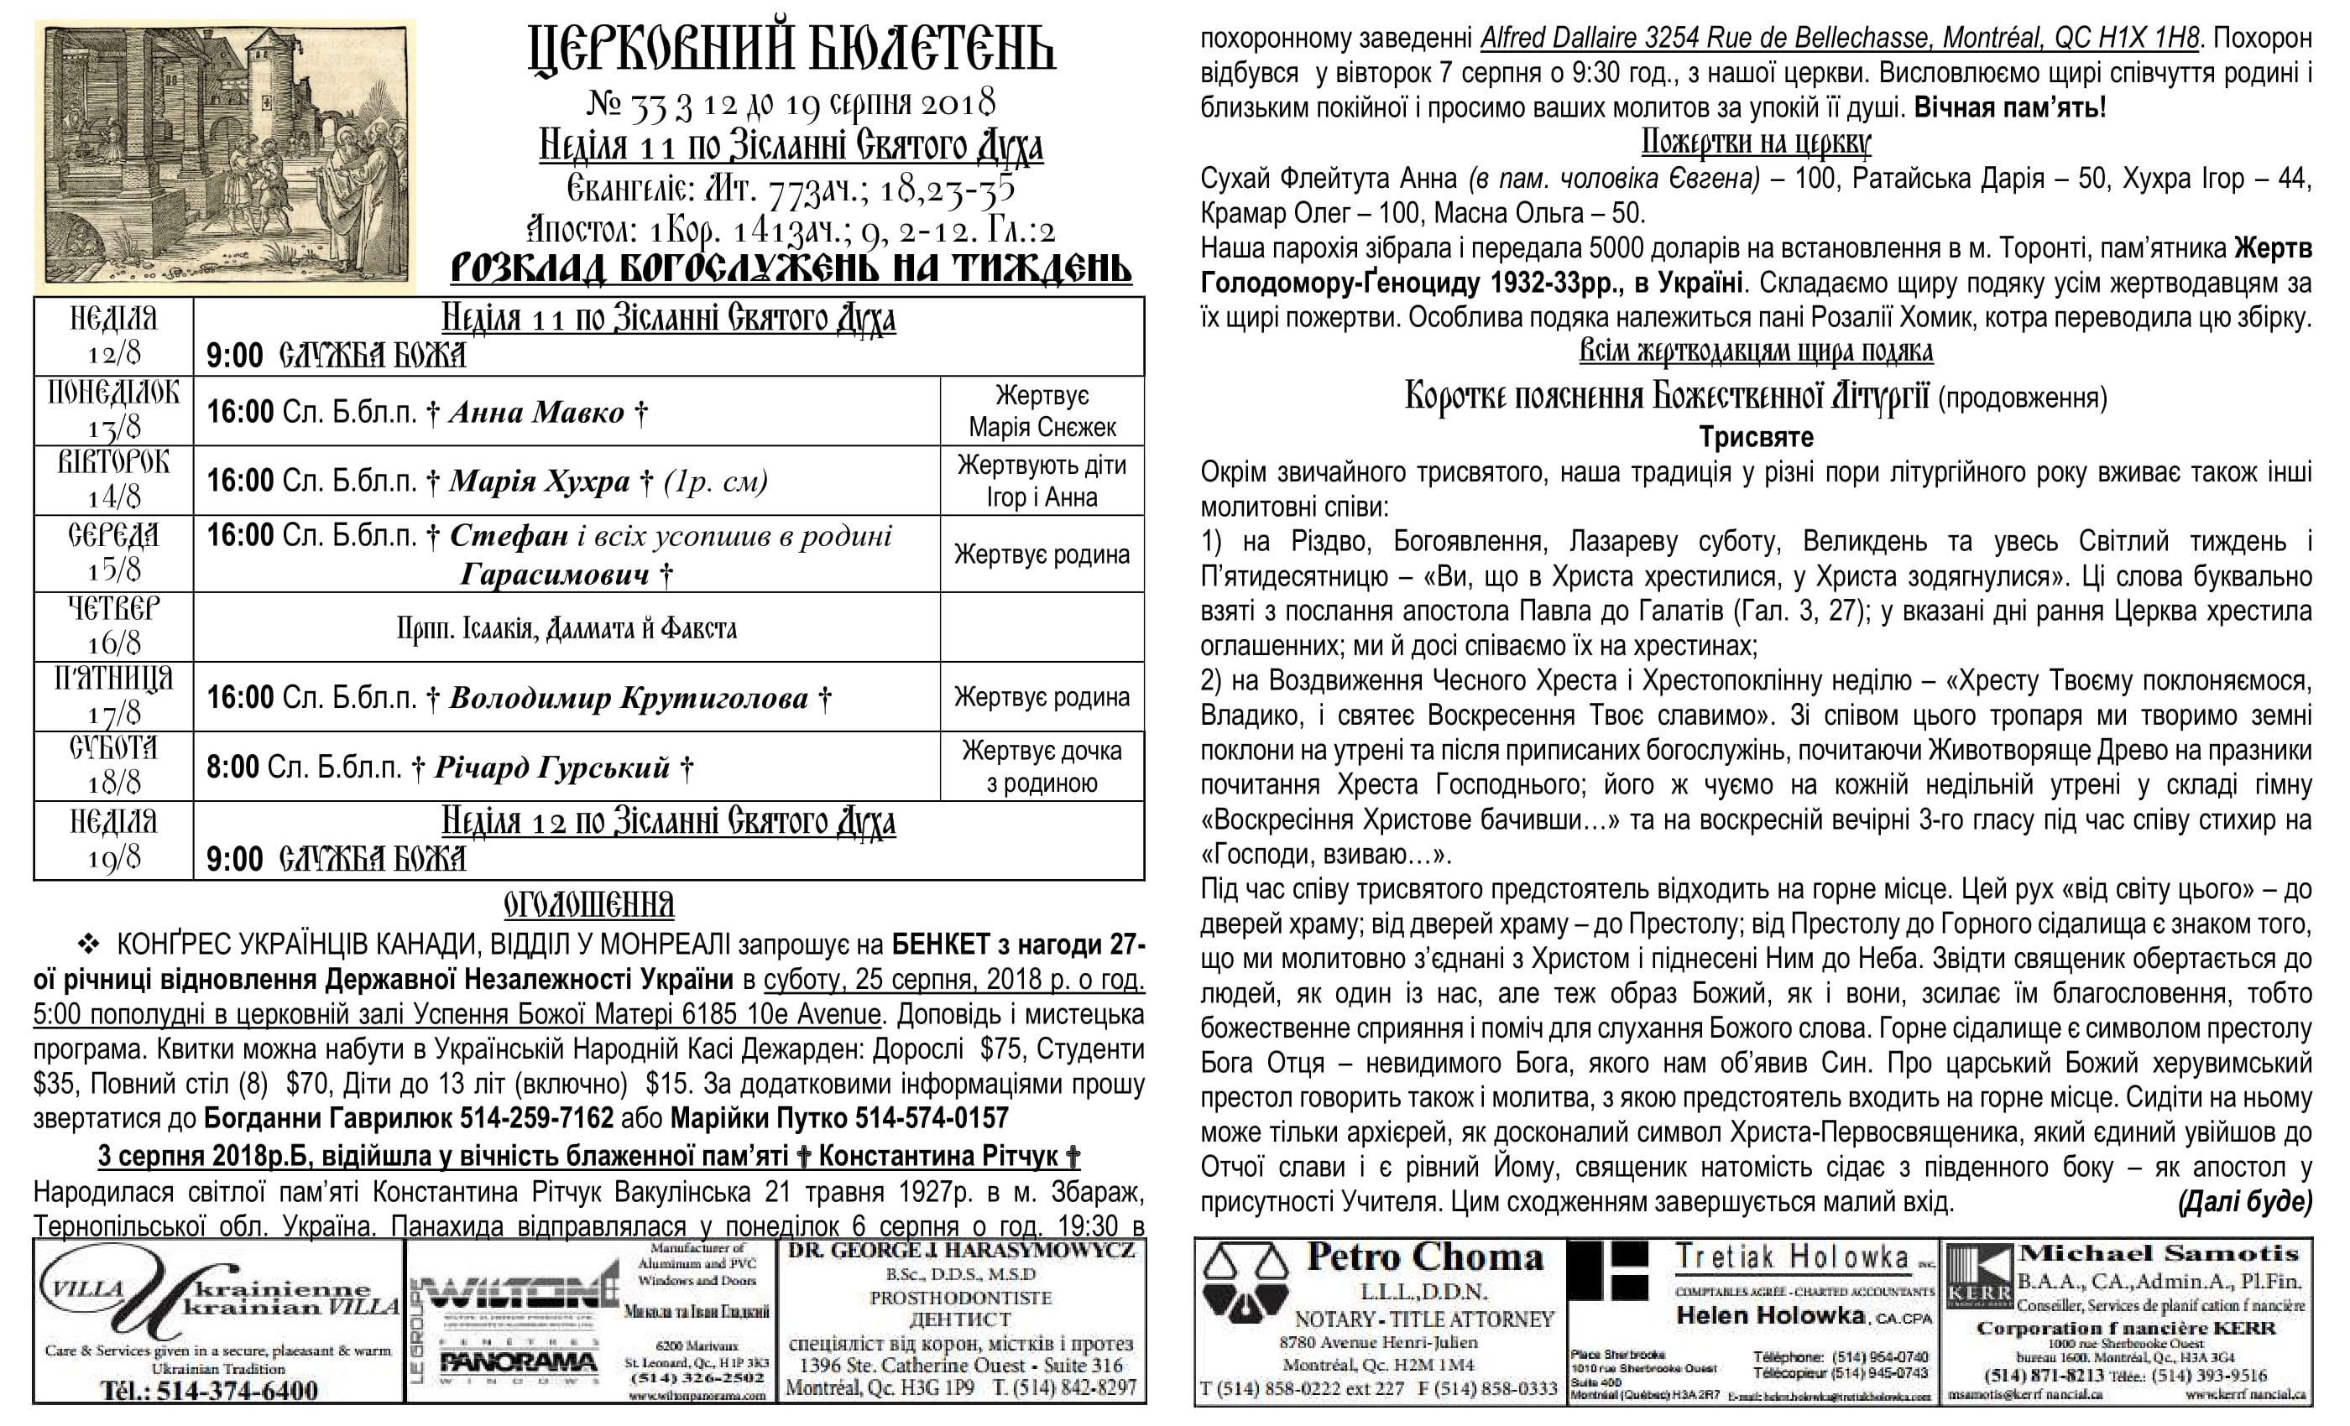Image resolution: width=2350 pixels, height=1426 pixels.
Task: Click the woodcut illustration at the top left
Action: pos(225,156)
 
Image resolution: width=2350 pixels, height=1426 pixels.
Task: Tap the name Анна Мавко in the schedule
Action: pos(536,412)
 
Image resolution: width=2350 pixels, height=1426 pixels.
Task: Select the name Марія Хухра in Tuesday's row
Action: pos(540,481)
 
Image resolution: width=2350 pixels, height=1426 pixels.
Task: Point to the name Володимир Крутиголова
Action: pos(629,699)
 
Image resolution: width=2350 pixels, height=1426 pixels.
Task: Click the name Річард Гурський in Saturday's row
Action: pos(552,768)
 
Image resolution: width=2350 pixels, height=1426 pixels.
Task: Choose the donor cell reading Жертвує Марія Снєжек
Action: pos(1042,412)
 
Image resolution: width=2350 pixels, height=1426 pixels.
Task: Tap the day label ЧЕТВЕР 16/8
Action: pos(113,627)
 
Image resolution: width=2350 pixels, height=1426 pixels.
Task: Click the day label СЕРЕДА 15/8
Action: pos(113,553)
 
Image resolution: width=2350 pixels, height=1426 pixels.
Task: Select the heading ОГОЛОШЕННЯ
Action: pos(588,903)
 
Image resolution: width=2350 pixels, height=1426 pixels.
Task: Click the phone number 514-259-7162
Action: pos(537,1118)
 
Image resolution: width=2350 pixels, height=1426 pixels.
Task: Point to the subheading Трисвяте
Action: pos(1756,438)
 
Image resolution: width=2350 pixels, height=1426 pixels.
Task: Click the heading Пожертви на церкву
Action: pos(1756,143)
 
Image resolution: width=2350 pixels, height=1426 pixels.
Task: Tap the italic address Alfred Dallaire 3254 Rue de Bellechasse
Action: pos(1841,38)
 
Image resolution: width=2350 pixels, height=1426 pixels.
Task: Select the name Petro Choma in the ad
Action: pos(1424,1257)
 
